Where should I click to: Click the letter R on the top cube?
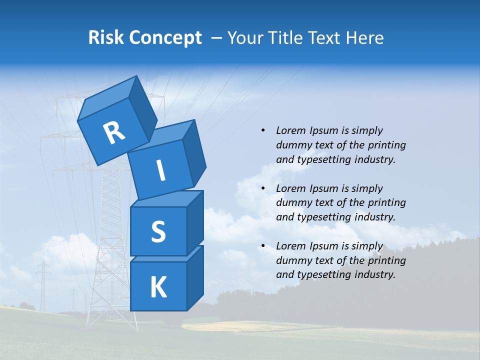[x=114, y=132]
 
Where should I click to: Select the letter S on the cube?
[x=158, y=231]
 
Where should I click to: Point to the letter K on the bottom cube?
[x=158, y=287]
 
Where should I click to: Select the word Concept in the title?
[x=165, y=38]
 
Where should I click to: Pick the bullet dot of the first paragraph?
[x=263, y=131]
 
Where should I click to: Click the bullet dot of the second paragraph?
[x=263, y=188]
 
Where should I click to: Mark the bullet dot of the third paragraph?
[x=263, y=246]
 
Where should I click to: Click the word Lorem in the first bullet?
[x=290, y=130]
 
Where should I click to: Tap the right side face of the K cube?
[x=195, y=277]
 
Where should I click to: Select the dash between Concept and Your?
[x=217, y=37]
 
